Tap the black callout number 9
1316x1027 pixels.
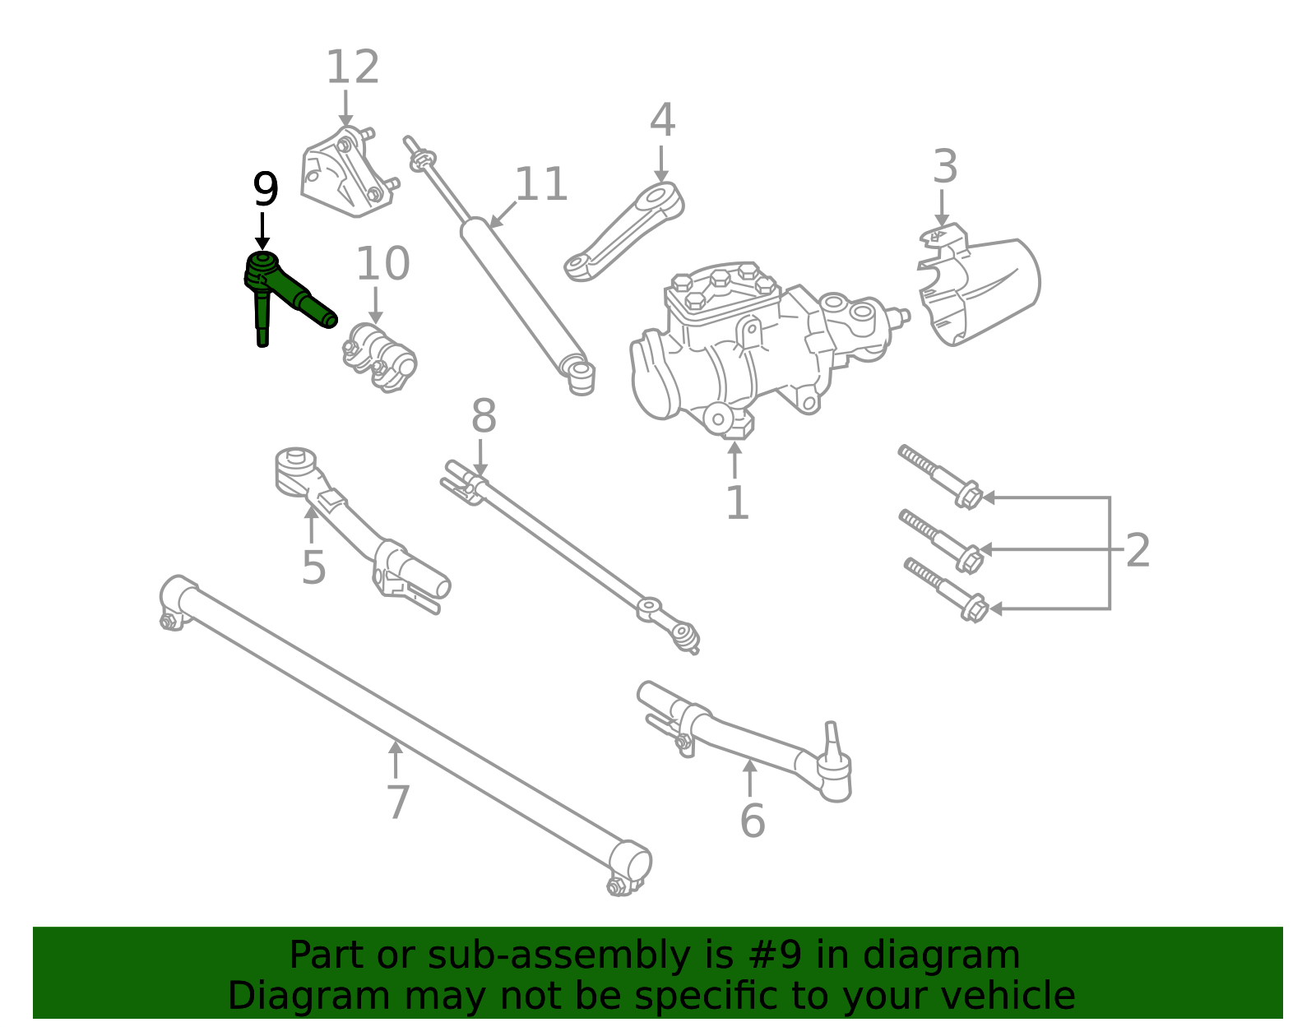point(265,191)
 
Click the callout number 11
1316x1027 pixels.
point(540,185)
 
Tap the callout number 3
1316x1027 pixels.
point(944,167)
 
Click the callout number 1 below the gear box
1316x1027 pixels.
point(737,503)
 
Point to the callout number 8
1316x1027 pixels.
point(484,417)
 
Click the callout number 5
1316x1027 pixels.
point(313,567)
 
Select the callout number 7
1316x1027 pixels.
point(397,803)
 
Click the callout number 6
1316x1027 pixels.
point(752,821)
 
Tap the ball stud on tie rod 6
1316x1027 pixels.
point(832,740)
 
